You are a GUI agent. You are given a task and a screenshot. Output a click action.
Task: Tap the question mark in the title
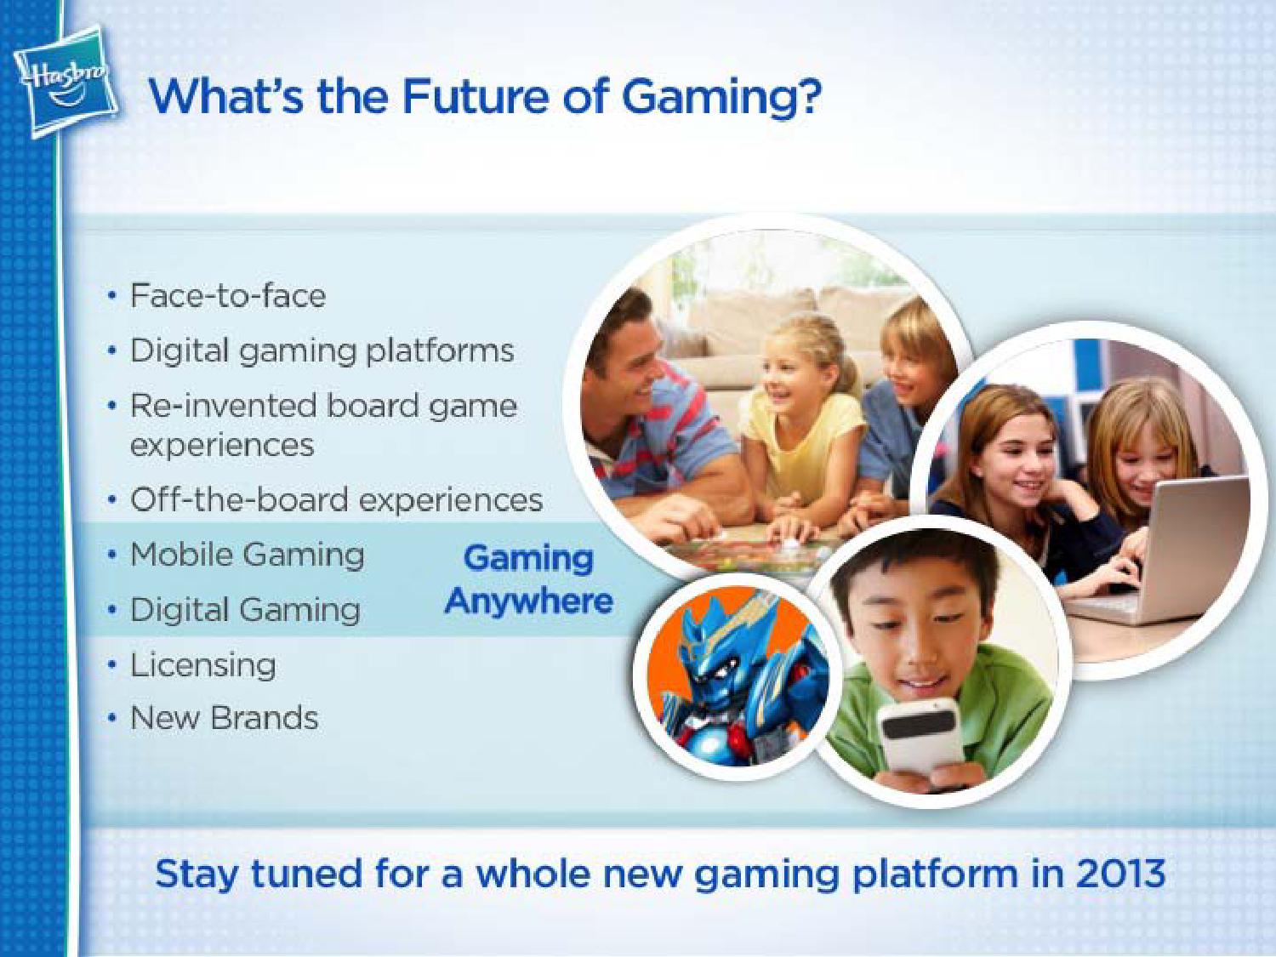tap(807, 95)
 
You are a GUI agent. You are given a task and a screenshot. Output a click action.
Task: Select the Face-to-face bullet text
tap(227, 296)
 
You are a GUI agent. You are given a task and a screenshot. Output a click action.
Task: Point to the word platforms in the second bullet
tap(440, 351)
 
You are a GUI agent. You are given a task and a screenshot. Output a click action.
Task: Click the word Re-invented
tap(225, 406)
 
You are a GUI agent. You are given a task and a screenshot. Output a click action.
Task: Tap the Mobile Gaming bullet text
tap(247, 555)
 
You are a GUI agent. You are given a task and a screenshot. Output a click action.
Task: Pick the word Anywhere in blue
tap(529, 601)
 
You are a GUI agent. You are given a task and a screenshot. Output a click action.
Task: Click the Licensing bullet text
tap(202, 666)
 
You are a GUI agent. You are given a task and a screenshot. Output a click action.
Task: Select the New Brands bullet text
tap(224, 718)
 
